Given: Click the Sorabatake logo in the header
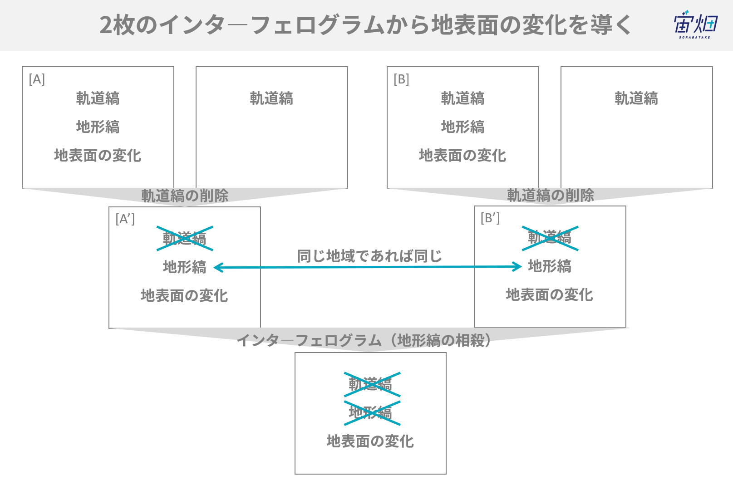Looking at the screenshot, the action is pos(696,24).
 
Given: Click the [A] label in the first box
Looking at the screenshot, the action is pos(37,79).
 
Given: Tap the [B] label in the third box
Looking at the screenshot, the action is pos(402,79).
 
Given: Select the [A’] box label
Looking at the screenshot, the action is pos(125,219).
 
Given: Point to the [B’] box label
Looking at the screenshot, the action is pos(490,218).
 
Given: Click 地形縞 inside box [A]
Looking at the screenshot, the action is pos(98,127).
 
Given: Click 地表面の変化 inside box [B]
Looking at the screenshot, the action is pos(462,155).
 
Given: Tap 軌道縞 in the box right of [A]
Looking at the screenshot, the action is pos(271,98).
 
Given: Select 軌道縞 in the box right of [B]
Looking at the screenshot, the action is pos(636,98).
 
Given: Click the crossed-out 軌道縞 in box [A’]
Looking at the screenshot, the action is pos(185,239).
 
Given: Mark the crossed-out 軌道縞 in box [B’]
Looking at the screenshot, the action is pos(550,238).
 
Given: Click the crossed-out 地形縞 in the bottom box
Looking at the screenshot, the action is pos(372,413).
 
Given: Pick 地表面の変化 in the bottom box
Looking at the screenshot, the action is pos(370,441).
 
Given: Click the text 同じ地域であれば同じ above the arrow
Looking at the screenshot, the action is pos(369,256).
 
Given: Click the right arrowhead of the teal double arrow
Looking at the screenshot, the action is pos(517,266).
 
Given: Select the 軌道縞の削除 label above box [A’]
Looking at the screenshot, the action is pos(185,196).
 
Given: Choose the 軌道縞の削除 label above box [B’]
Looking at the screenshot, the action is pos(551,196).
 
